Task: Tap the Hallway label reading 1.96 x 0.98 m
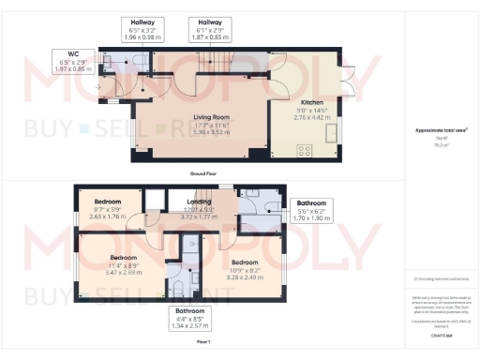142,29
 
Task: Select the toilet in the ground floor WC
139,63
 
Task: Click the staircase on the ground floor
212,64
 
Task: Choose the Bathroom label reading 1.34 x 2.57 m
187,319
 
